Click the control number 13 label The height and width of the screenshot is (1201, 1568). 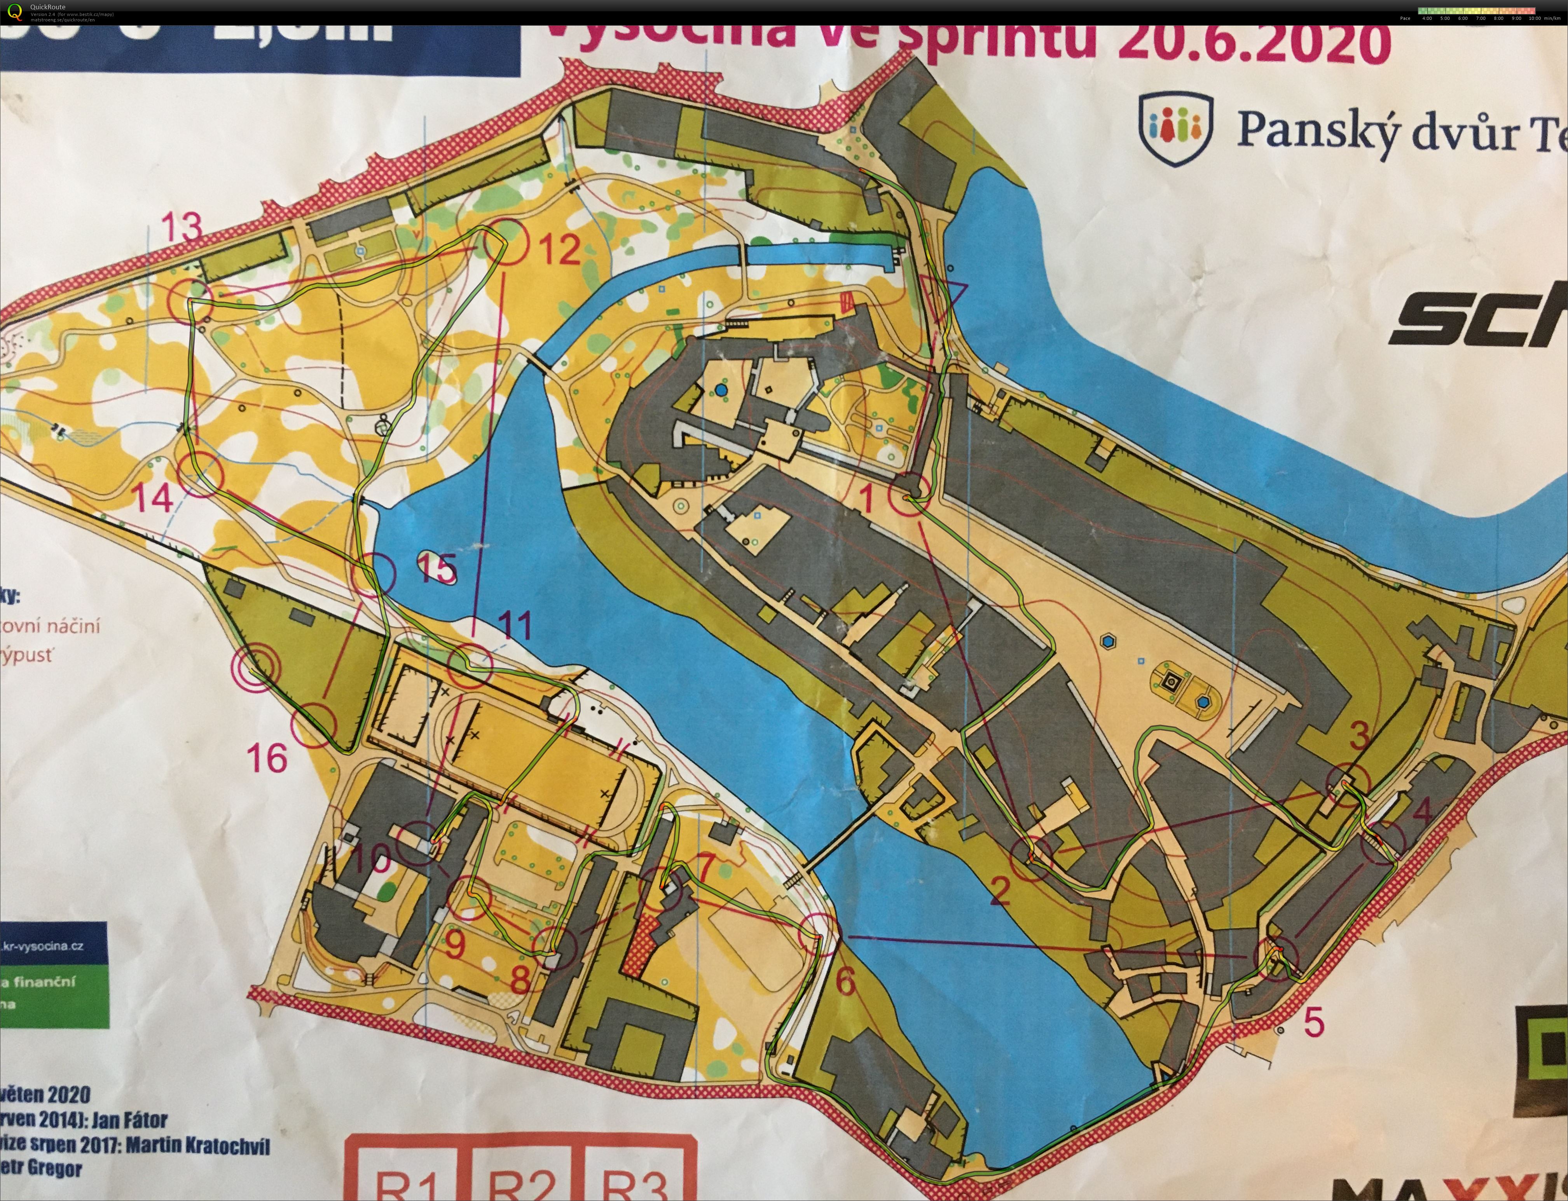182,228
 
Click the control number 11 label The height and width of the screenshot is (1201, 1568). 515,626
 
